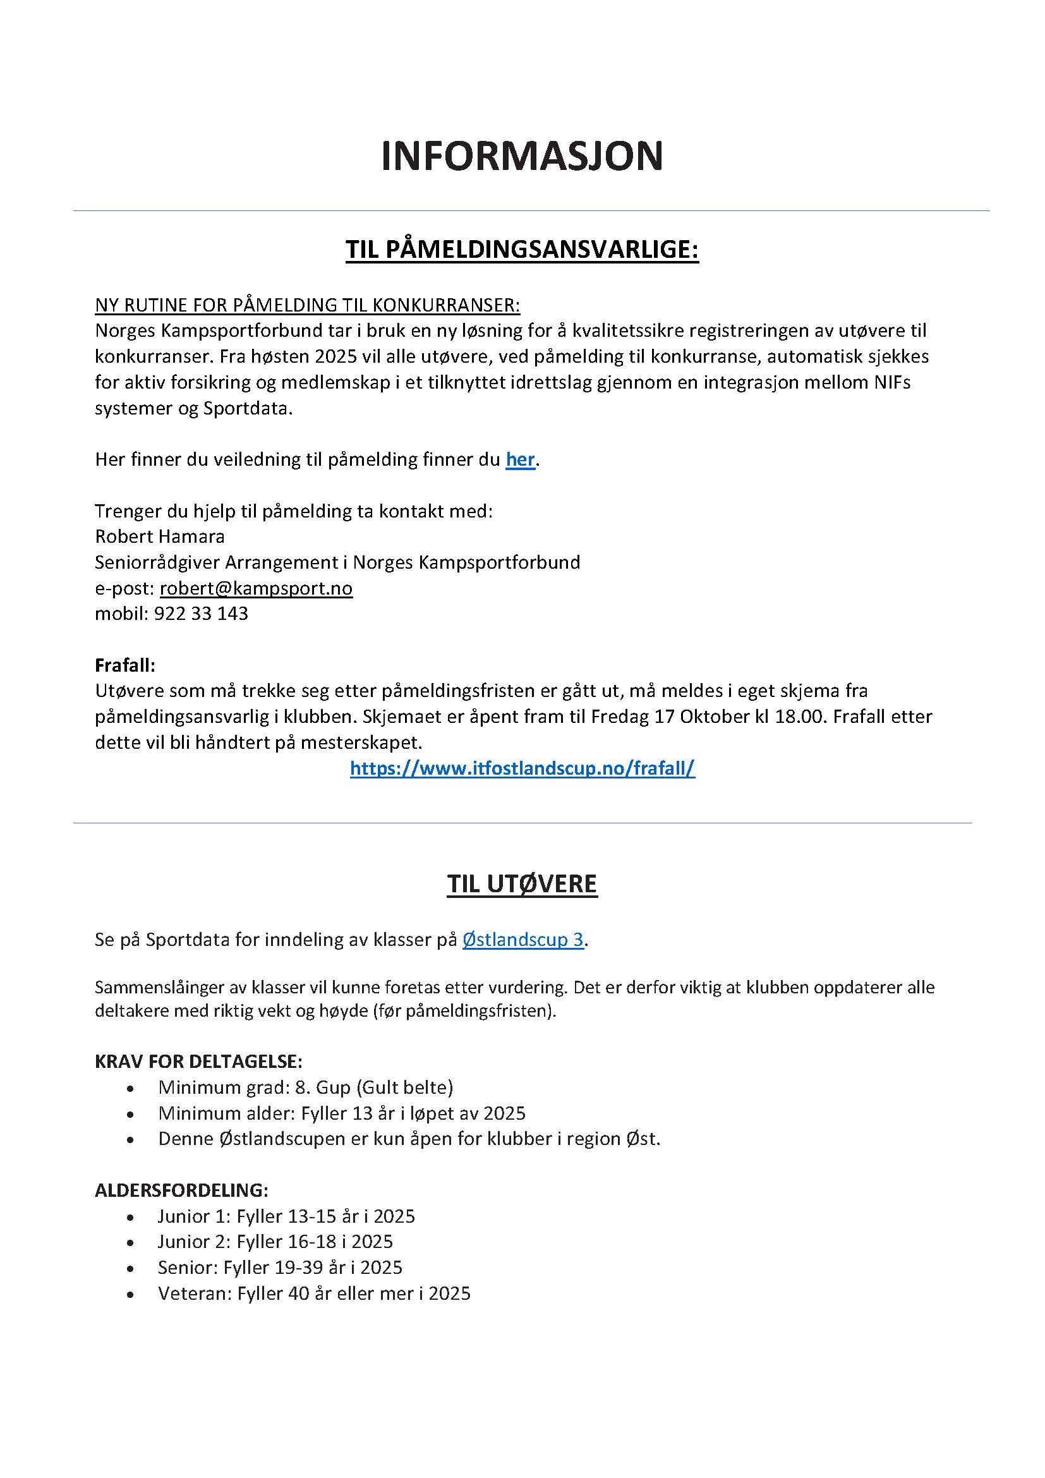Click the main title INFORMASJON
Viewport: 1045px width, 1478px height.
522,156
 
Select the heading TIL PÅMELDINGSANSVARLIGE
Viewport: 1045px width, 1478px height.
522,249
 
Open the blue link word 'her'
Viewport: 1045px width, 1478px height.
520,459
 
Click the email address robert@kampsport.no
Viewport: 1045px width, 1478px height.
256,588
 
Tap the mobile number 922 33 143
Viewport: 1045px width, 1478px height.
201,614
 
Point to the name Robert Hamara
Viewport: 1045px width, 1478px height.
160,536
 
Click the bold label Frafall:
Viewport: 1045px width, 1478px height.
125,664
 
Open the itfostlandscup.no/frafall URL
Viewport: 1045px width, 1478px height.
522,768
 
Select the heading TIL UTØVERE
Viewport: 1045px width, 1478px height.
522,884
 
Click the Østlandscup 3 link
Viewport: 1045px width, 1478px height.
522,940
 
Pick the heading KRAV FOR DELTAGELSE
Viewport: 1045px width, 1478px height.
198,1061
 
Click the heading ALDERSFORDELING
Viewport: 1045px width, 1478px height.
181,1190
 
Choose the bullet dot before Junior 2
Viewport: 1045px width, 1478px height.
131,1242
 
